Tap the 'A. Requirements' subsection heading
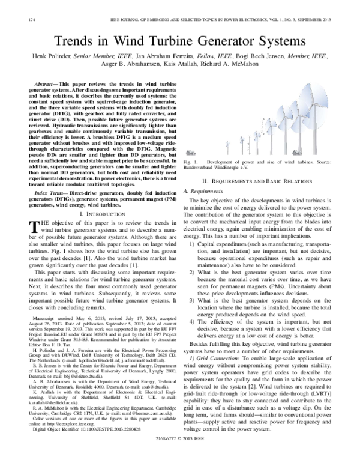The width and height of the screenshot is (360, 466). [x=207, y=190]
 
